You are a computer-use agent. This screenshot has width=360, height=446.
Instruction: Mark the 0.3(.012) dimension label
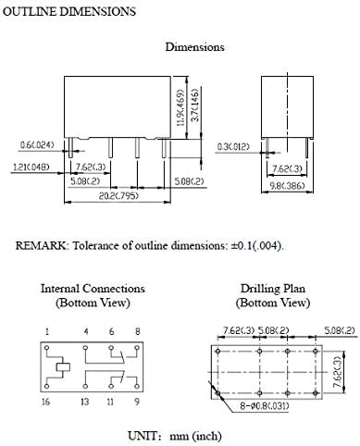tap(232, 145)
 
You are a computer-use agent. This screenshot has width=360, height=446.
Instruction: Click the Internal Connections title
tap(93, 289)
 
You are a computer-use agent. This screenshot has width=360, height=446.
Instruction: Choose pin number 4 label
tap(85, 330)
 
